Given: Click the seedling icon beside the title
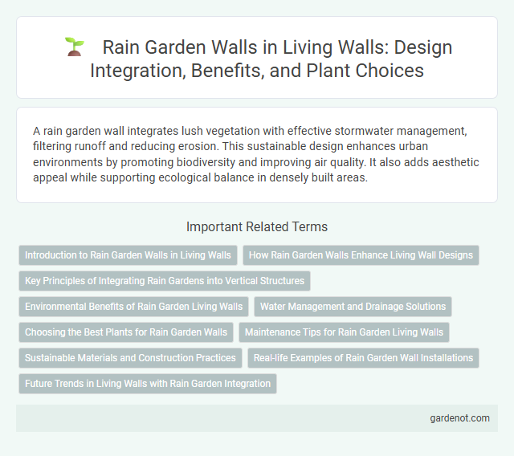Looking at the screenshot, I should pyautogui.click(x=74, y=47).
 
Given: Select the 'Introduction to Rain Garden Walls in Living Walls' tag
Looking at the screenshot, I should pyautogui.click(x=128, y=255).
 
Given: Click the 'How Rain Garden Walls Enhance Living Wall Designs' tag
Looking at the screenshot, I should pyautogui.click(x=361, y=255).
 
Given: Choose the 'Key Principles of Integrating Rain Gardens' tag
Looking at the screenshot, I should pyautogui.click(x=164, y=281).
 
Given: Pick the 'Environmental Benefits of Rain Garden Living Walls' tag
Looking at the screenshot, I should pyautogui.click(x=133, y=307).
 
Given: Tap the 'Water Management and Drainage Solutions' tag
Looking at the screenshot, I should pyautogui.click(x=353, y=307).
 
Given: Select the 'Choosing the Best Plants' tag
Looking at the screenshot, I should pyautogui.click(x=126, y=332).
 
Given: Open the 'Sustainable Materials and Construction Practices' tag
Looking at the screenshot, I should pyautogui.click(x=130, y=358).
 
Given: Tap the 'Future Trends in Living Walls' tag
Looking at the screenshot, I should pyautogui.click(x=147, y=384).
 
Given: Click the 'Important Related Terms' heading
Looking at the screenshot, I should pyautogui.click(x=256, y=227).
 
